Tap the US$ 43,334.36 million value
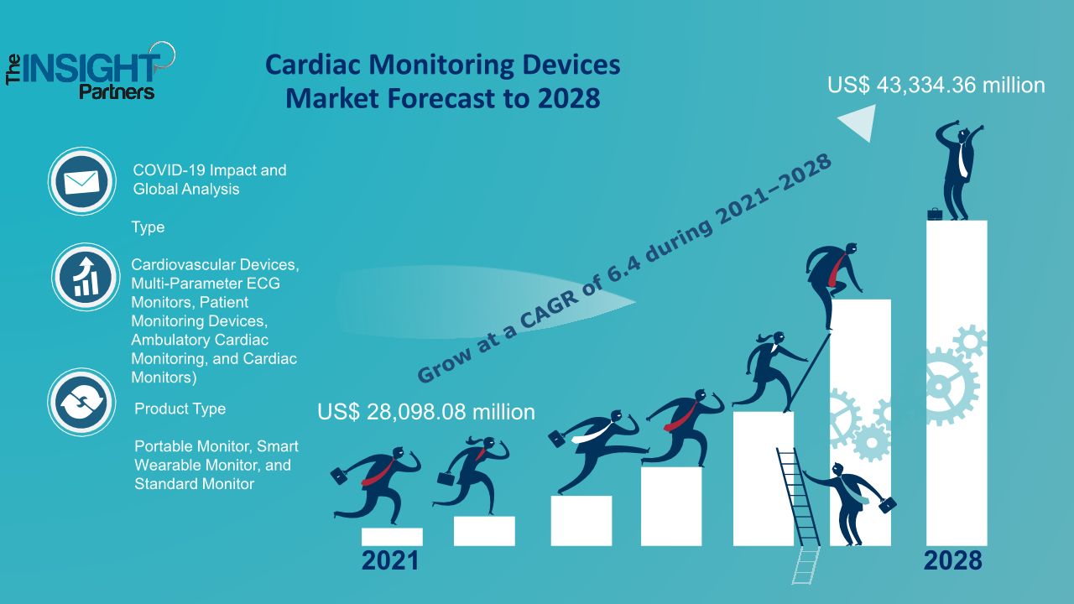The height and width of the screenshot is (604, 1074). point(936,85)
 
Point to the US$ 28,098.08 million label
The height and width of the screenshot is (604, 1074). point(426,412)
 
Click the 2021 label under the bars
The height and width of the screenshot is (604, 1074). point(390,560)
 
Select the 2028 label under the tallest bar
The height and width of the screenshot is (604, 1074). point(952,560)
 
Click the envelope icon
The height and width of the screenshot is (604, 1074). point(81,181)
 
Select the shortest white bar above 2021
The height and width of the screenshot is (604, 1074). point(392,536)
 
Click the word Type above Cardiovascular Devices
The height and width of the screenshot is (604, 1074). point(148,227)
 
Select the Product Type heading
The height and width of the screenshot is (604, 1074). point(180,409)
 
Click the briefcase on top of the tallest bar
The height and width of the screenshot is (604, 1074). point(935,214)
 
